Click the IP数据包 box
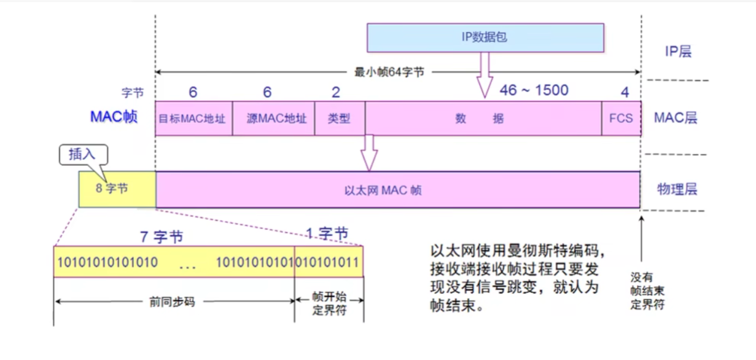point(485,37)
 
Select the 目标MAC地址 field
point(193,119)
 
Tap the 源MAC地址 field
point(273,119)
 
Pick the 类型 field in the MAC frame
point(340,119)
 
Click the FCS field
point(621,118)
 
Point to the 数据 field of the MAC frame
point(483,119)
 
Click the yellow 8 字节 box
point(117,189)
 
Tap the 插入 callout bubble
point(83,154)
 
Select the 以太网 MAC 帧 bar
point(398,190)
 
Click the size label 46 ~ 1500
point(534,90)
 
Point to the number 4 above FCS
point(625,93)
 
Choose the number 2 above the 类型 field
point(336,92)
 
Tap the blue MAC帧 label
point(114,117)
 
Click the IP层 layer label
point(678,52)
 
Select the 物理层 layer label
point(677,189)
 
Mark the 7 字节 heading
point(160,236)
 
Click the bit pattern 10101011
point(329,262)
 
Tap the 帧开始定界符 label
point(330,304)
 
